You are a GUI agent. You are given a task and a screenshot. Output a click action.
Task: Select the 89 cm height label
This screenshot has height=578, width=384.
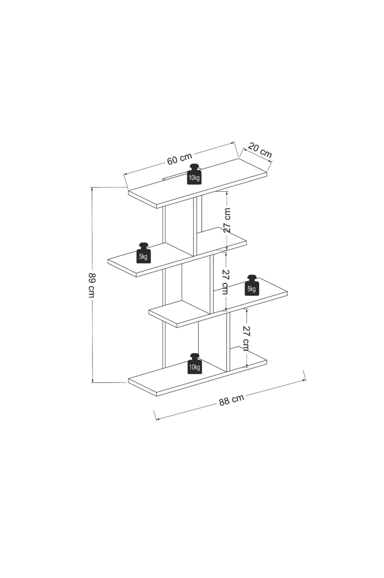[91, 286]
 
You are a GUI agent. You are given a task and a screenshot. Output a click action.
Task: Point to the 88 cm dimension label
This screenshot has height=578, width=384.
[231, 400]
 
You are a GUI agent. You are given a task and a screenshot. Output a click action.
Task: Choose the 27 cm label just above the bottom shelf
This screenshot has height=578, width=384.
[246, 338]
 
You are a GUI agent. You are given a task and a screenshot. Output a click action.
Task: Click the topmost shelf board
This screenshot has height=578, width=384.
[197, 183]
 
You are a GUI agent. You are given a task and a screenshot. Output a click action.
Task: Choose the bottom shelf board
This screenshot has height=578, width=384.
[197, 372]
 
